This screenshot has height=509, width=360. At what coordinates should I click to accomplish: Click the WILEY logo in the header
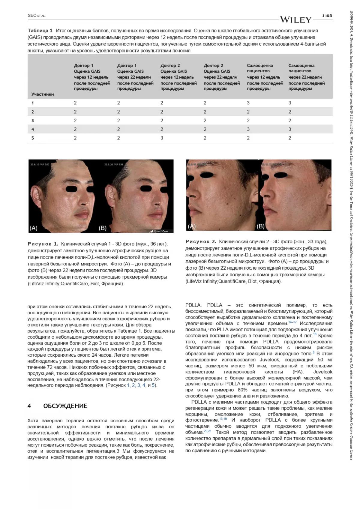coord(295,20)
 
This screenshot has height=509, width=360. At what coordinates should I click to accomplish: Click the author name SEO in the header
coord(32,16)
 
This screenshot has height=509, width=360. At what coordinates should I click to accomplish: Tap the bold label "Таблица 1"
coord(40,31)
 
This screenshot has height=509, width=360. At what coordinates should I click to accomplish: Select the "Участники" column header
coord(43,94)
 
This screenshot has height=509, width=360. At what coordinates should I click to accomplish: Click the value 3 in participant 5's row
coord(162,138)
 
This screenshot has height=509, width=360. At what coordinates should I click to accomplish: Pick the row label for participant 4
coord(33,129)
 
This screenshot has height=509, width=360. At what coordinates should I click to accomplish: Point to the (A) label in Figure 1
coord(34,228)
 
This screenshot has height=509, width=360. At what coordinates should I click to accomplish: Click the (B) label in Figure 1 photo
coord(102,228)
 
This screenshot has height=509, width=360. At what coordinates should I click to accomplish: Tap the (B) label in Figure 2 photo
coord(260,226)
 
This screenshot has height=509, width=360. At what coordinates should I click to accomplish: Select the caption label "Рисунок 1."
coord(43,244)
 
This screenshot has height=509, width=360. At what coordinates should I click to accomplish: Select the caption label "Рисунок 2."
coord(201,241)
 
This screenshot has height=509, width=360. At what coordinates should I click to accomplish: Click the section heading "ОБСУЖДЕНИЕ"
coord(65,406)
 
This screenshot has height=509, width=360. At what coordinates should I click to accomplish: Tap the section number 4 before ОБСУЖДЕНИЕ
coord(29,406)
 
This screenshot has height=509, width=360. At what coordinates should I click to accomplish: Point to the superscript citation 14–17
coord(292,322)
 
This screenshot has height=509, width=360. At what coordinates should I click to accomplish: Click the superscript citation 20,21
coord(208,431)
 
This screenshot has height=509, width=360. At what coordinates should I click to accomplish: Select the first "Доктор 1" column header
coord(84,65)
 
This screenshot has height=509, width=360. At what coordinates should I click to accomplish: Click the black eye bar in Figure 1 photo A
coord(72,189)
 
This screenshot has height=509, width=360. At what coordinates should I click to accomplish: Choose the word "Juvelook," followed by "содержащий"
coord(269,360)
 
